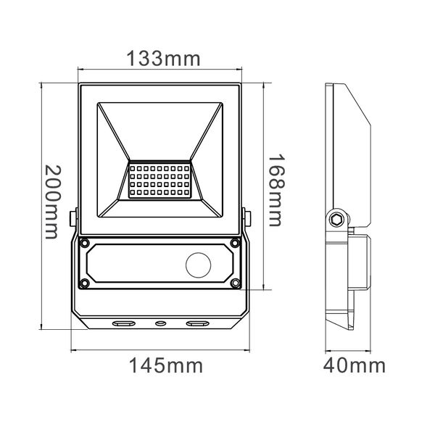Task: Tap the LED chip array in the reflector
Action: pyautogui.click(x=159, y=180)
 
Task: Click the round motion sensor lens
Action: pyautogui.click(x=199, y=265)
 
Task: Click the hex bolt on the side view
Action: pyautogui.click(x=336, y=218)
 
